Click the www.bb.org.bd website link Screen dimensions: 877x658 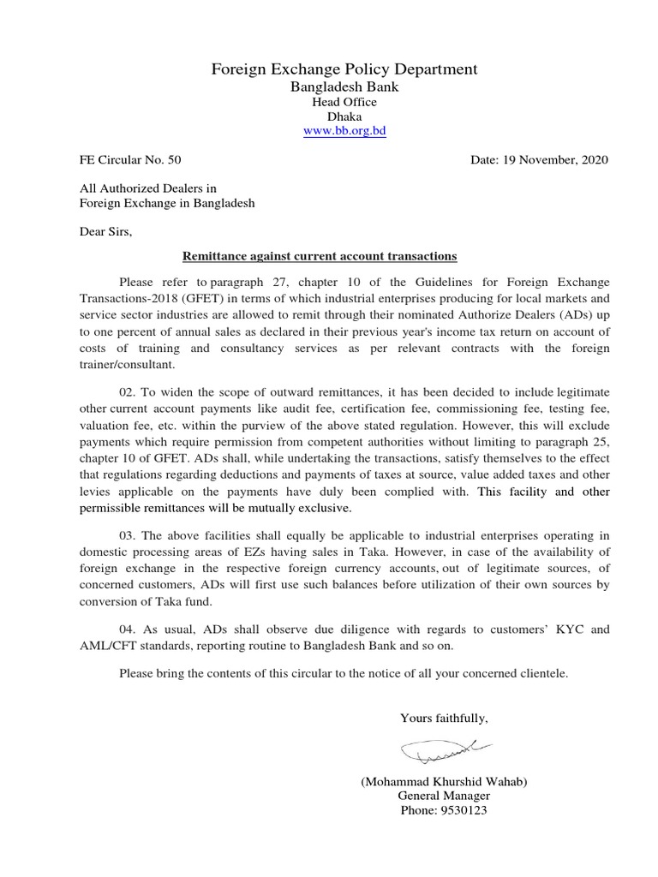pos(344,131)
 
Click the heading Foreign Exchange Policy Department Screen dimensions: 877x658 pos(344,69)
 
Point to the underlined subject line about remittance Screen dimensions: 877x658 pos(320,256)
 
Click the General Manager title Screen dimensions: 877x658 pos(443,795)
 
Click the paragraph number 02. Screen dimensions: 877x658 pos(129,391)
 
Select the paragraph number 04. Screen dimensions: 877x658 pos(129,629)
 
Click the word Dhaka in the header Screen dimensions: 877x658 pos(344,116)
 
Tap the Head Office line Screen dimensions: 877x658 pos(344,102)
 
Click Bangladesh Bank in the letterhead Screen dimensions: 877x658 pos(344,87)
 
